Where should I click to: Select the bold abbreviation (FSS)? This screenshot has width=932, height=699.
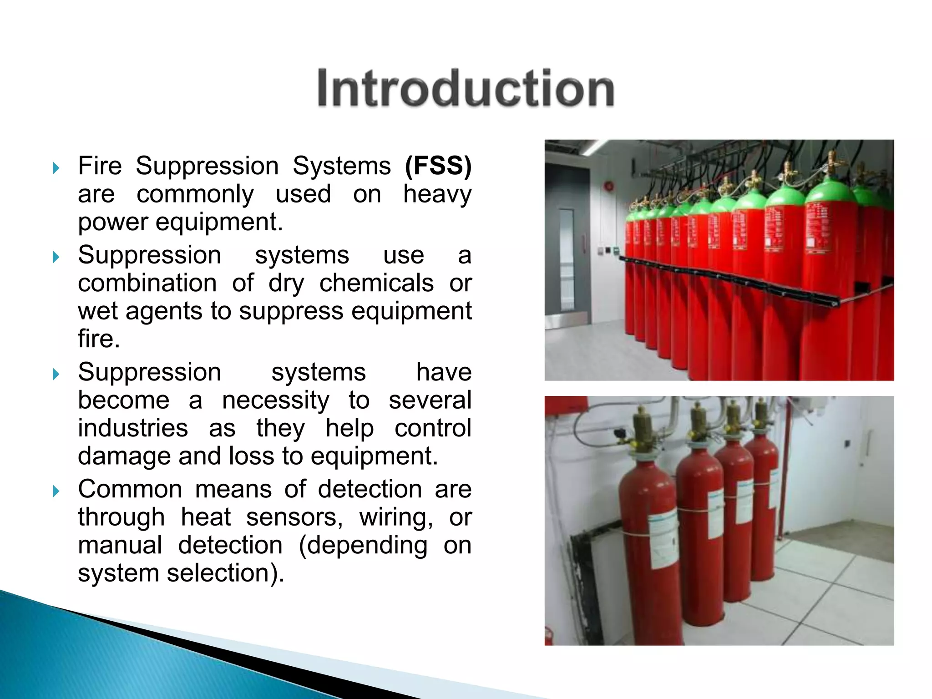[438, 166]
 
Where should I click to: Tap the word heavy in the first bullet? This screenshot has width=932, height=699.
[437, 195]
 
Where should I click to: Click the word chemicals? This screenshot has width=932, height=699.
[376, 283]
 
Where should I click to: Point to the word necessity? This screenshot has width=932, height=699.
[275, 400]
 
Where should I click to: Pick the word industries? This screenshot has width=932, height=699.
[133, 428]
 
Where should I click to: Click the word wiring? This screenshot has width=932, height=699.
[396, 517]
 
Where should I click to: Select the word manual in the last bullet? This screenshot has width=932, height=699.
[120, 545]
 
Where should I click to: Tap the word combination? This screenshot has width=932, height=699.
[147, 283]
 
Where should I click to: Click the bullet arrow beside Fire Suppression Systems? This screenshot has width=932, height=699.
[56, 168]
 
